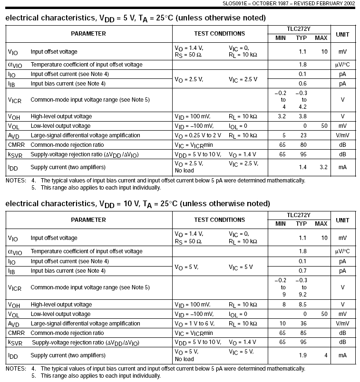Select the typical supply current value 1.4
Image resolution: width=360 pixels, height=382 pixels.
point(302,167)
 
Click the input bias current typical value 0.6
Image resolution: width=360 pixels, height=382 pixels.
point(302,84)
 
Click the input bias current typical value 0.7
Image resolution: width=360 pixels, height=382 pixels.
point(302,271)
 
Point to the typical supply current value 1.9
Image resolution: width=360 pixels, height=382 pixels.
point(302,355)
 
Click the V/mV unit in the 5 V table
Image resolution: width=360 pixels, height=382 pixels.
point(342,135)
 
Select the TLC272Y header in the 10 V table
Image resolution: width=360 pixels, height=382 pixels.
point(301,214)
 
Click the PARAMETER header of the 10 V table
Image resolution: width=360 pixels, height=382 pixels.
point(88,220)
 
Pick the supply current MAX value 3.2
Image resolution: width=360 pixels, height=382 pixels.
point(324,167)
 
